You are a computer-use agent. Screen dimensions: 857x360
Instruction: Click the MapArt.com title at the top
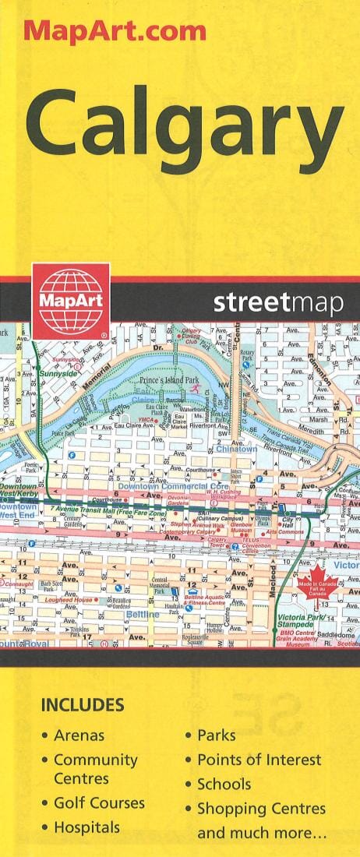coord(115,30)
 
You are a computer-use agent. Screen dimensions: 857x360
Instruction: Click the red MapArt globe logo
coord(71,299)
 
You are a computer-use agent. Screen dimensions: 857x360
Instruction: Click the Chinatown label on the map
coord(237,449)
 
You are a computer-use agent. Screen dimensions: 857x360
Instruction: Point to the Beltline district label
coord(142,615)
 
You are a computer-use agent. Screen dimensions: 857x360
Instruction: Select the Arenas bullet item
coord(79,735)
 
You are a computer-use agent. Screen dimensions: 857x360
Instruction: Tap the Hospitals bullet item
coord(86,827)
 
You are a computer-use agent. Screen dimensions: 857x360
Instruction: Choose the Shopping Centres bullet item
coord(261,809)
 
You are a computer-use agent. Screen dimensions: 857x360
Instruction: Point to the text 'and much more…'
coord(262,834)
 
